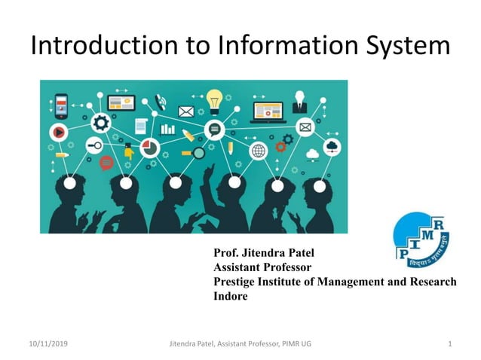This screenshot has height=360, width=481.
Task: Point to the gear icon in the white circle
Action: coord(100,123)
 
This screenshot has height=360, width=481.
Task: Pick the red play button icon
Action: coord(58,133)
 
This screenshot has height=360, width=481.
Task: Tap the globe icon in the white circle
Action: coord(259,151)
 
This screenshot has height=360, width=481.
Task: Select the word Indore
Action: coord(231,296)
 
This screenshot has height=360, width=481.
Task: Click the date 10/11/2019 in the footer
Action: coord(47,344)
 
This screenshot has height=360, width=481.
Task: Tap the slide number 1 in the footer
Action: coord(449,344)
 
